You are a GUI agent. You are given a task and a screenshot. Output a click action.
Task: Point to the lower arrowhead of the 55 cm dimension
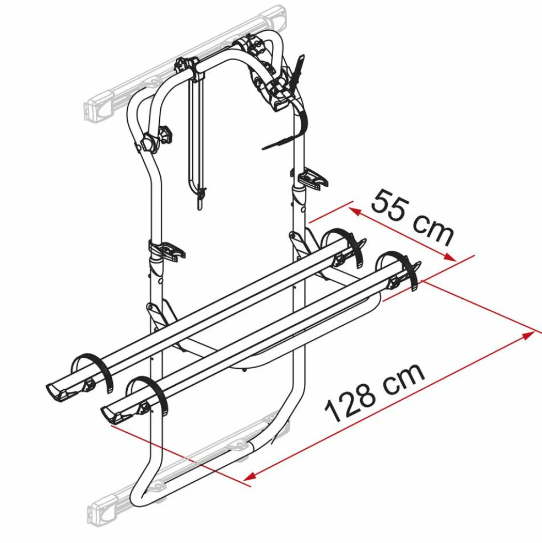[x=450, y=257]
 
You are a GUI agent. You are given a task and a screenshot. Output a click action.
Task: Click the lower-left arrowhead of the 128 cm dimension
[x=250, y=476]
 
